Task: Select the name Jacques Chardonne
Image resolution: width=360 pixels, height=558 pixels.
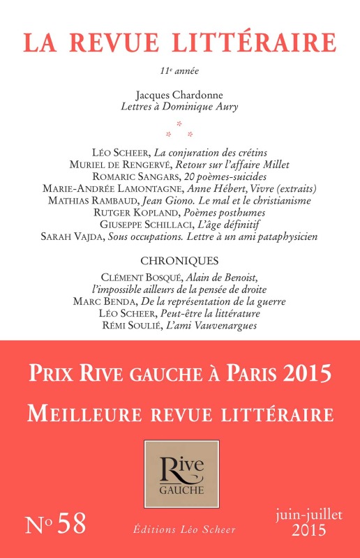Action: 179,93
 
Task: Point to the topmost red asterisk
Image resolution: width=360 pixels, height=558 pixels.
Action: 180,123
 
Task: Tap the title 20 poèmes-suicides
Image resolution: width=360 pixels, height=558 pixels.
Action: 216,176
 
